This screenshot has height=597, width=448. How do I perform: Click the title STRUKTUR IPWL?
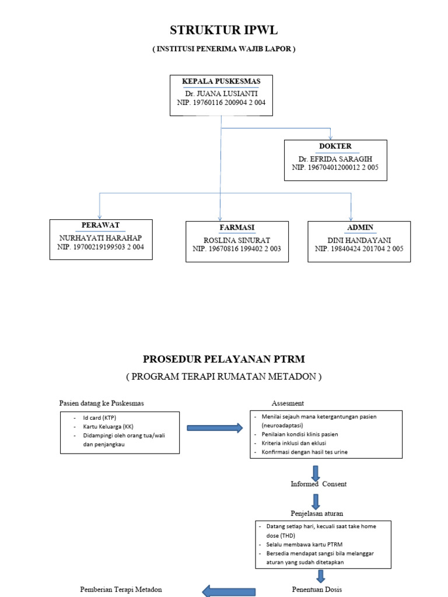tap(224, 31)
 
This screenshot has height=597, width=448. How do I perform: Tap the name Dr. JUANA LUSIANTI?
tap(220, 93)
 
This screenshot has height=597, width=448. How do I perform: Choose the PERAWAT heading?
tap(101, 225)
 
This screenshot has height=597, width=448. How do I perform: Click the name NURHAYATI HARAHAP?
tap(101, 238)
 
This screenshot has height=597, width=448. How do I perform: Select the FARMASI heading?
tap(237, 227)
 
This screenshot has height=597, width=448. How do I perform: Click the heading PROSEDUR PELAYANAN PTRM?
tap(224, 359)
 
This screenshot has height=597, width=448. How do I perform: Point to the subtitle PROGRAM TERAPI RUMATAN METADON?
tap(224, 377)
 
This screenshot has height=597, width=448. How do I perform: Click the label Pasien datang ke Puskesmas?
tap(101, 403)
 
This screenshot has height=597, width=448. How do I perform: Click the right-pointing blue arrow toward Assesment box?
tap(214, 429)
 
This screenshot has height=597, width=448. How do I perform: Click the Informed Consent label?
tap(318, 484)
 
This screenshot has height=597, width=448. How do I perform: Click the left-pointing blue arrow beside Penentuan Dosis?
tap(229, 591)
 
